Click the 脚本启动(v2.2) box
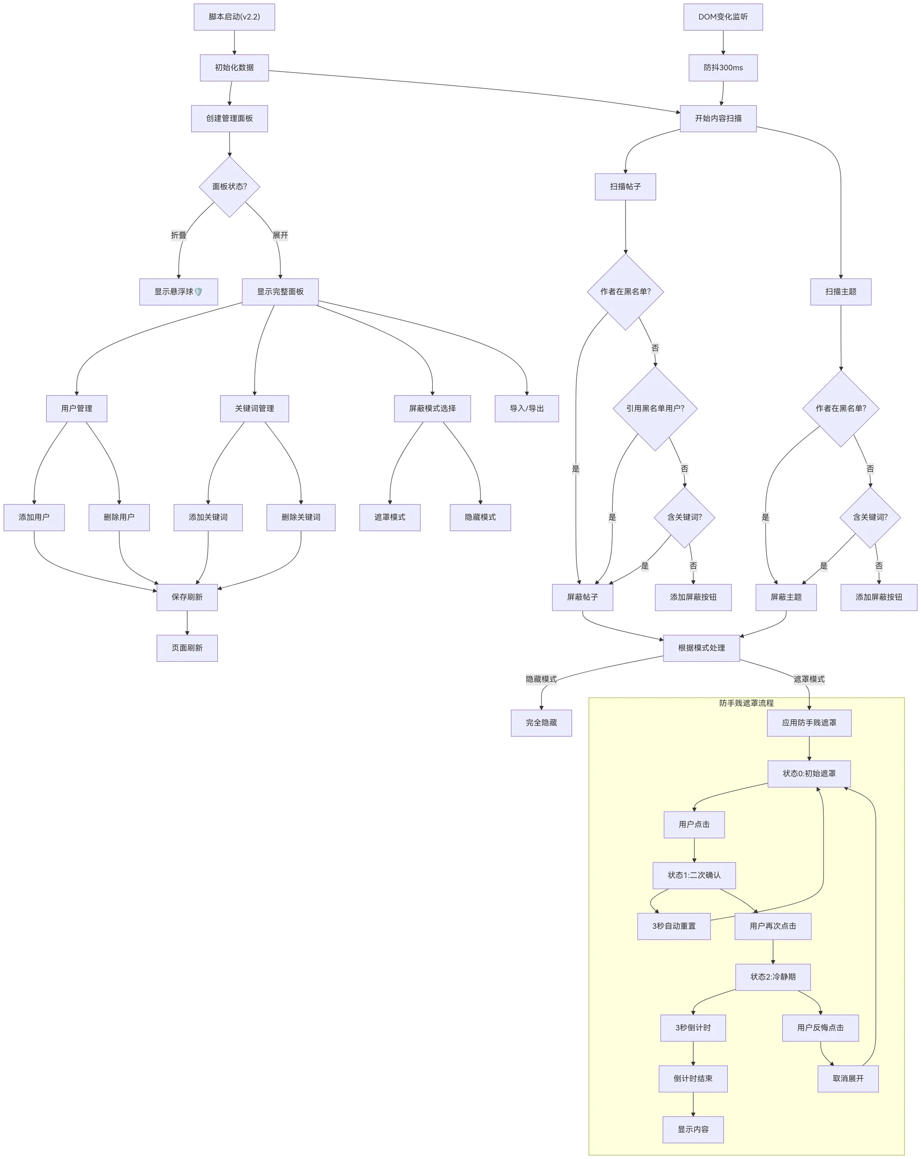234,17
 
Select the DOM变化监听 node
723,17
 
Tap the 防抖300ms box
723,68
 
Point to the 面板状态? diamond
229,186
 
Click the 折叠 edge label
179,235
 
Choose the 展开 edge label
280,235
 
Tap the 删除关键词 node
301,517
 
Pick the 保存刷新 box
187,597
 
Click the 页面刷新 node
187,648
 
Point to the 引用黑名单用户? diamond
655,409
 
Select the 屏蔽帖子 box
582,597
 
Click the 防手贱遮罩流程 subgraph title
746,703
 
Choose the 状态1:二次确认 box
694,875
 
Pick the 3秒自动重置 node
674,926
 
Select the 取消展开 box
848,1078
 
